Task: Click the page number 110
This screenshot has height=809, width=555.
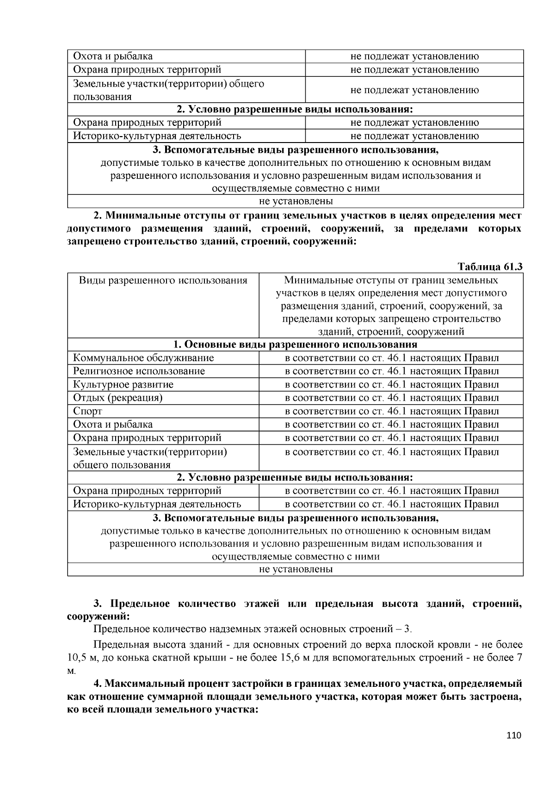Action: (x=514, y=735)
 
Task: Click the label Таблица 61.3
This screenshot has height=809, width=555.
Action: (x=490, y=267)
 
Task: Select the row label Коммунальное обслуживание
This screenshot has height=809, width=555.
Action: (x=143, y=358)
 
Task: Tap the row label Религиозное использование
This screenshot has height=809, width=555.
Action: (x=139, y=371)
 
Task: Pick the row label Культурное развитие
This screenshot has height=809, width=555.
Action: (x=123, y=385)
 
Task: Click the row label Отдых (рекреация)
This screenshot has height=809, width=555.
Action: (x=117, y=398)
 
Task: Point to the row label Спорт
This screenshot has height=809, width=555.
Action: (x=87, y=411)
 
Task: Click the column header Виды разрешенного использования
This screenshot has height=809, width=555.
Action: (x=163, y=280)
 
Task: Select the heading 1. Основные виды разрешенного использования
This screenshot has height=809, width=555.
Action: (x=295, y=344)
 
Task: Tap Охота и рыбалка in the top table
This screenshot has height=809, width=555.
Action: (x=113, y=56)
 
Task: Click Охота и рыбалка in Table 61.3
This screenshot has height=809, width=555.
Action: (x=113, y=424)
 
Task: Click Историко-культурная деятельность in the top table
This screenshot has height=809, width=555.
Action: (x=157, y=136)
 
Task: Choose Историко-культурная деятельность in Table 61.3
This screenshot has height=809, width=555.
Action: (x=157, y=504)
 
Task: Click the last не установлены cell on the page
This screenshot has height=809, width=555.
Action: (x=296, y=569)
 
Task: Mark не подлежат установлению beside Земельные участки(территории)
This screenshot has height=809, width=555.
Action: (x=414, y=90)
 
